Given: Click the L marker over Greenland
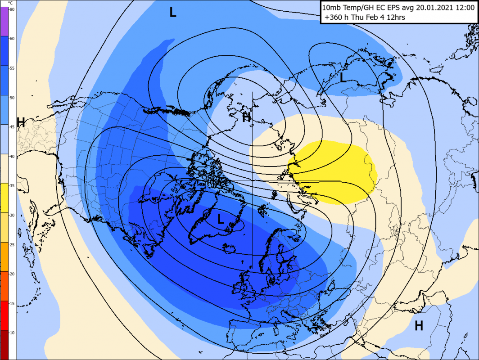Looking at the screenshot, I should click(x=221, y=219).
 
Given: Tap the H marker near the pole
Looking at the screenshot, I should click(x=246, y=118).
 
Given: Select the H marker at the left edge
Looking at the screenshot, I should click(x=21, y=122).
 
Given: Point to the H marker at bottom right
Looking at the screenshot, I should click(x=419, y=325).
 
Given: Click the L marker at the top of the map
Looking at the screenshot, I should click(x=173, y=12).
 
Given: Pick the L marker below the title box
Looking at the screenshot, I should click(x=343, y=78).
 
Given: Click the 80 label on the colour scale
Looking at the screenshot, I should click(x=12, y=9).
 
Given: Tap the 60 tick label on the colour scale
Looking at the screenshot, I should click(x=12, y=39).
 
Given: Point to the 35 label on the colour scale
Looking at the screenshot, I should click(x=12, y=185).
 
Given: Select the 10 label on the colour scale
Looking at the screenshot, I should click(x=12, y=332).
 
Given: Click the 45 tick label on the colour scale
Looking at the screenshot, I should click(x=12, y=127).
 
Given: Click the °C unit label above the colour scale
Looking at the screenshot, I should click(x=10, y=3).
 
